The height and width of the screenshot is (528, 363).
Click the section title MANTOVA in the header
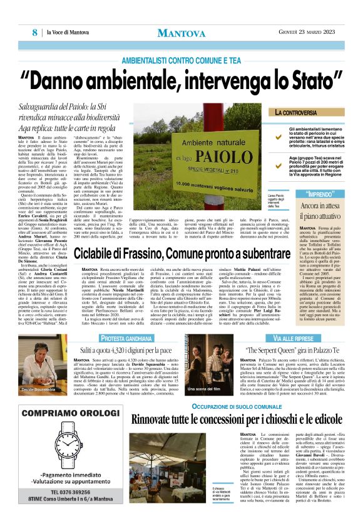pyautogui.click(x=181, y=33)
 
